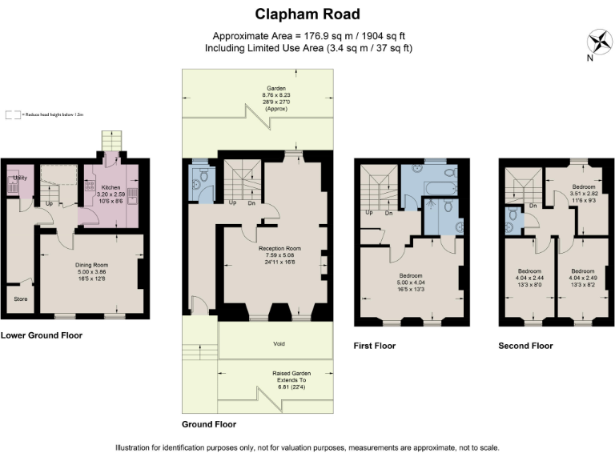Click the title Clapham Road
[x=307, y=14]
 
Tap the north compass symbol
[x=598, y=41]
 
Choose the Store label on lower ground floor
[x=21, y=299]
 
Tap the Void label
[x=277, y=344]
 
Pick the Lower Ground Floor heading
[x=41, y=335]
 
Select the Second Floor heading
[x=525, y=347]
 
